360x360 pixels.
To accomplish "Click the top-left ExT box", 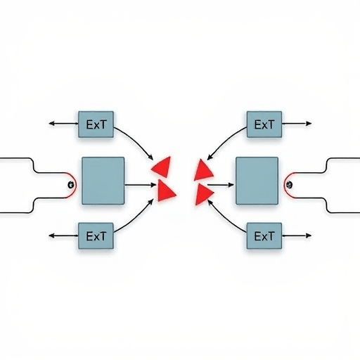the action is pos(96,124).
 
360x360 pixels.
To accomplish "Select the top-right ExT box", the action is pos(264,124).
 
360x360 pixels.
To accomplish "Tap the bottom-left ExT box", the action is pos(96,236).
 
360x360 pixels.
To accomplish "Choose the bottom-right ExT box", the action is pos(264,236).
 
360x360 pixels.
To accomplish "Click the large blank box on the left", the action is pos(103,181).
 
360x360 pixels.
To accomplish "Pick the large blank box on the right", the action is pos(257,181).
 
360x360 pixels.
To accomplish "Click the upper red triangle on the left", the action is pos(162,167).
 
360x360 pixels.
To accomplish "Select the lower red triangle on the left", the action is pos(165,191).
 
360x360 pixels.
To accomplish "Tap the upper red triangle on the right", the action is pos(202,170).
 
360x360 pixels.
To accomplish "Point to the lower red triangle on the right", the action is pos(203,194).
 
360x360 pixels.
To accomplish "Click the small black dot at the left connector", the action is pos(71,185).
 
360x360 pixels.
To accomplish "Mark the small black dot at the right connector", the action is pos(290,185).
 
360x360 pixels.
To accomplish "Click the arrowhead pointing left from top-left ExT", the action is pos(51,124).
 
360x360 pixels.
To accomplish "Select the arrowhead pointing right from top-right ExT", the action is pos(309,124).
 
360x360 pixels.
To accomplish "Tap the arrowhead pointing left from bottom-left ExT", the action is pos(51,236).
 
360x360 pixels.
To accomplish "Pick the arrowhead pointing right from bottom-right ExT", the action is pos(309,236).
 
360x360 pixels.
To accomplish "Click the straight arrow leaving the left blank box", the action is pos(140,185).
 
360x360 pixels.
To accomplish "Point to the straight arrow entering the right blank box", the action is pos(221,185).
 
